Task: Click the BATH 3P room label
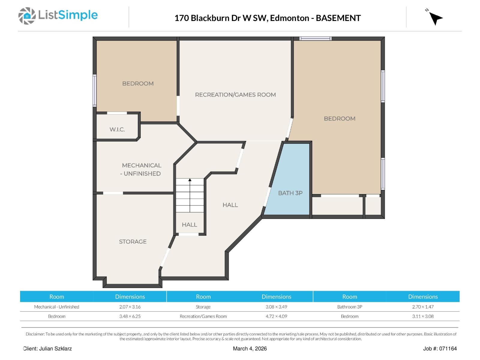pyautogui.click(x=290, y=193)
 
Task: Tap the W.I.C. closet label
pyautogui.click(x=117, y=130)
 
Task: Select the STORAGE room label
pyautogui.click(x=133, y=241)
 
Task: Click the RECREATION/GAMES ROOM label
pyautogui.click(x=235, y=95)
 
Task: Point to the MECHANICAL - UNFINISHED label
pyautogui.click(x=141, y=169)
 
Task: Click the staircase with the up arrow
pyautogui.click(x=190, y=195)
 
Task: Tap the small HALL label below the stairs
pyautogui.click(x=189, y=225)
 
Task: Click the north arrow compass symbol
pyautogui.click(x=435, y=18)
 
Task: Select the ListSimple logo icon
pyautogui.click(x=27, y=16)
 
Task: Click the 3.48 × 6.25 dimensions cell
pyautogui.click(x=130, y=316)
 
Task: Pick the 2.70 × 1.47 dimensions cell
pyautogui.click(x=423, y=307)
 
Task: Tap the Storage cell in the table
pyautogui.click(x=203, y=307)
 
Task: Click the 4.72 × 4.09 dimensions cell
pyautogui.click(x=276, y=316)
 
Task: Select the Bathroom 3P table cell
pyautogui.click(x=349, y=307)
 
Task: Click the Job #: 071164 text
pyautogui.click(x=440, y=349)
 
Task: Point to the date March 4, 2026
pyautogui.click(x=250, y=349)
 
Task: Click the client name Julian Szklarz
pyautogui.click(x=55, y=349)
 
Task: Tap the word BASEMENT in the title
pyautogui.click(x=338, y=18)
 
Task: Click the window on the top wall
pyautogui.click(x=315, y=38)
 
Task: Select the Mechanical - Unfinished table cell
pyautogui.click(x=57, y=307)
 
